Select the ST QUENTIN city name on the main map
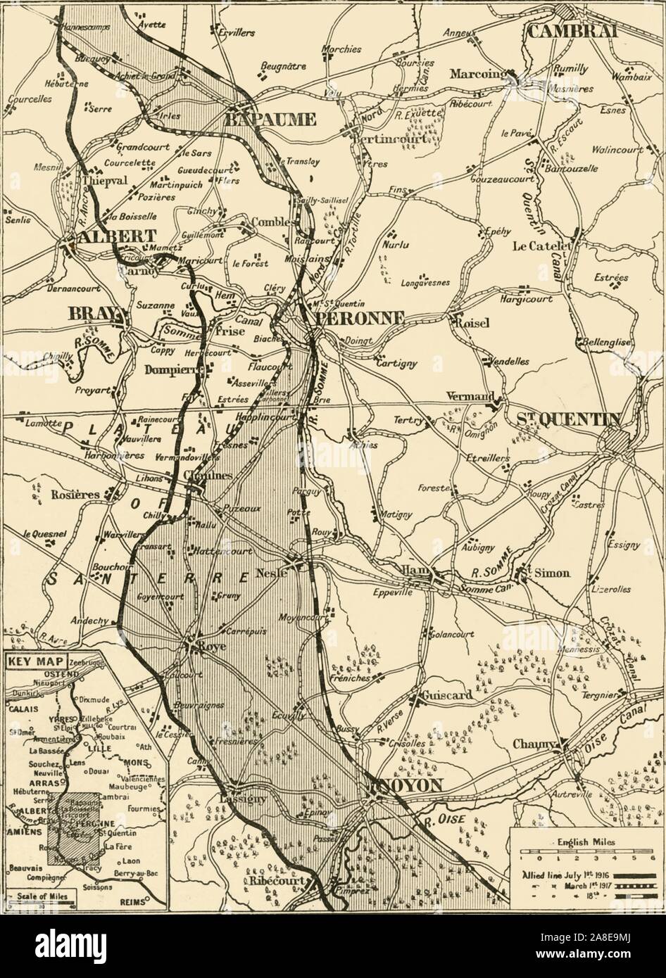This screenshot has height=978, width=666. pos(568,419)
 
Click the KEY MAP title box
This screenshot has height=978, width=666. pos(36,661)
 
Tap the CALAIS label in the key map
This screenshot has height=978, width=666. pos(18,709)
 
